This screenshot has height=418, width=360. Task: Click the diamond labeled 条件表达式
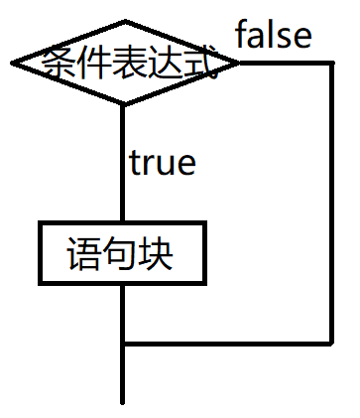point(124,63)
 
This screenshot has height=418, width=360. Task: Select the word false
point(273,37)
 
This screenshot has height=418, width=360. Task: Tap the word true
point(163,162)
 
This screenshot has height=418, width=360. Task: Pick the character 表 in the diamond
point(126,64)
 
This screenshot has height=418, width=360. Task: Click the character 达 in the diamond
point(163,64)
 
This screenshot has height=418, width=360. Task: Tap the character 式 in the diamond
point(198,64)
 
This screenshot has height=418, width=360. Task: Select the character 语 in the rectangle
point(85,253)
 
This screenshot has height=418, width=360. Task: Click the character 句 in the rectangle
point(121,253)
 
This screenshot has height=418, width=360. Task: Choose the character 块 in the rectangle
point(157,253)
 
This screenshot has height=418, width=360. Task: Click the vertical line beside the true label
point(123,164)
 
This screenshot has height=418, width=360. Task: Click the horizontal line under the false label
point(286,63)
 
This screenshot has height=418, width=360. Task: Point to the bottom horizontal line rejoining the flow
point(228,344)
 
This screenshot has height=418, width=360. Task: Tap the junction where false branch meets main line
point(123,344)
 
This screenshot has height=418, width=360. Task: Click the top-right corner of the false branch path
point(331,63)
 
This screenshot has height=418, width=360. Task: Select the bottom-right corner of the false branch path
point(331,344)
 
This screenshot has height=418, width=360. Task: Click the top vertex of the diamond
point(124,21)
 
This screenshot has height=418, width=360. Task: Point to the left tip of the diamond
point(13,63)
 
